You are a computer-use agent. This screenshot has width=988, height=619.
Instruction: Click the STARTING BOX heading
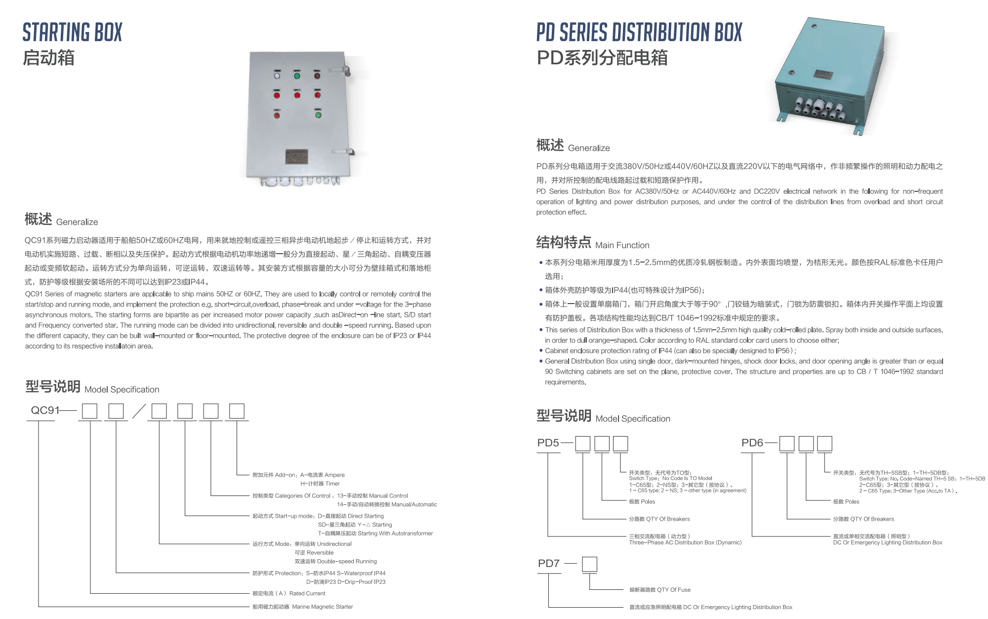coord(72,33)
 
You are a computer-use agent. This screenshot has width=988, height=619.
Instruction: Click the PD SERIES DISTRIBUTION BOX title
coord(639,33)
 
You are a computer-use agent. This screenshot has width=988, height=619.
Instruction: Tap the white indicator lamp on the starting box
coord(277,76)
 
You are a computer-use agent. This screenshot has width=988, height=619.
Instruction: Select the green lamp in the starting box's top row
coord(297,76)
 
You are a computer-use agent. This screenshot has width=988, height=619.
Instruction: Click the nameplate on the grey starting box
coord(296,157)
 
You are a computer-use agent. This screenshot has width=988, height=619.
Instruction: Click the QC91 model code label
coord(45,410)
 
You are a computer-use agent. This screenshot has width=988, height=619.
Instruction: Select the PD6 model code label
coord(752,443)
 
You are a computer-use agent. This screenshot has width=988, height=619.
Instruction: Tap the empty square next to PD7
coord(589,564)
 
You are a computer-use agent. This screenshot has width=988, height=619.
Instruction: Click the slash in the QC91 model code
coord(139,411)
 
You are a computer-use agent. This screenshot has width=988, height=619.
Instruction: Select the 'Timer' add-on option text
coord(332,484)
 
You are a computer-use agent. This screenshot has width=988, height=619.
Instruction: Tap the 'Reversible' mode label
coord(320,552)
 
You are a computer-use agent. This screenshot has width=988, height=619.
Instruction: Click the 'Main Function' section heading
coord(622,245)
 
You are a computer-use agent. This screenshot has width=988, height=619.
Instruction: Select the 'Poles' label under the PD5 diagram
coord(648,501)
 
